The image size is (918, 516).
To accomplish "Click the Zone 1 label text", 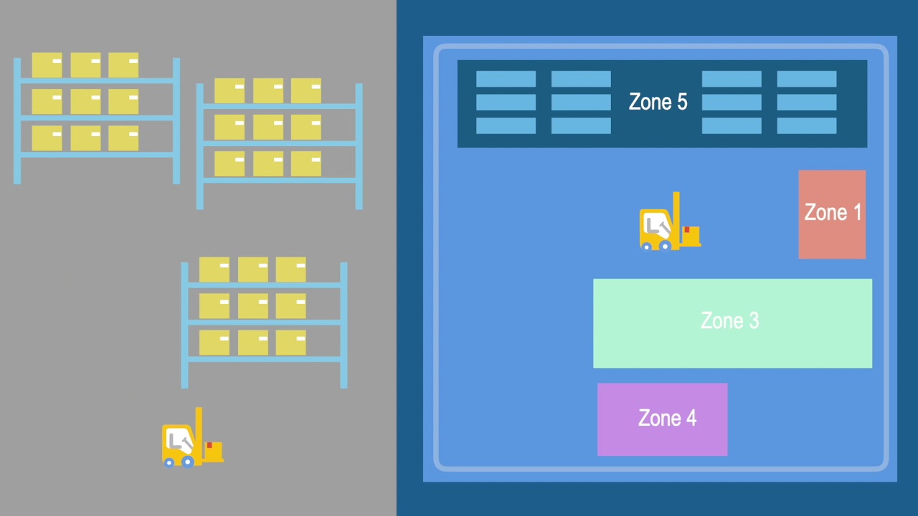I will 833,213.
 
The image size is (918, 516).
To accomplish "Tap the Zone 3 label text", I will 729,320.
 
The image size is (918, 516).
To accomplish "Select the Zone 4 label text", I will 667,418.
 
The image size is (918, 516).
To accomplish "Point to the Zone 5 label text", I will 658,102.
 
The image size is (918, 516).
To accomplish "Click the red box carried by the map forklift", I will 691,235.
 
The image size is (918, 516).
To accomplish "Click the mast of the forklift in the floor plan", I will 676,215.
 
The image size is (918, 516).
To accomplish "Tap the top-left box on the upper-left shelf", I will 47,64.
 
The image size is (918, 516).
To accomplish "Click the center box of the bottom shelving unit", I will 252,306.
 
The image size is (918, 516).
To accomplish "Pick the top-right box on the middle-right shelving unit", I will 306,90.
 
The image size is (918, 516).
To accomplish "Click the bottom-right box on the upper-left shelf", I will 123,138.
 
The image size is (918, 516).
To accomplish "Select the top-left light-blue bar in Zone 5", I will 506,79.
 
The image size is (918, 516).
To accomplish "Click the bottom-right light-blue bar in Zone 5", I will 807,125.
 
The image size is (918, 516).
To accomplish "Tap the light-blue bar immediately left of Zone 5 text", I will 581,102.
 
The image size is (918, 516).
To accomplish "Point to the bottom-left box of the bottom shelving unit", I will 214,343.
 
